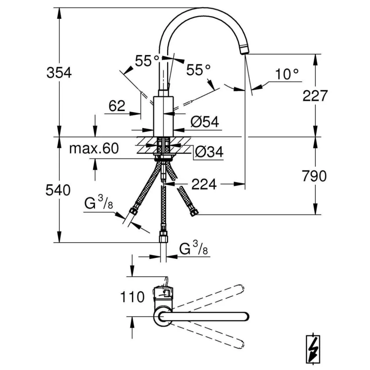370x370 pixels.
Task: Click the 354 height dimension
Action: [59, 73]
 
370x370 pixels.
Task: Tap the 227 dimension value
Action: [315, 95]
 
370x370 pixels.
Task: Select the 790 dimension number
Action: [314, 176]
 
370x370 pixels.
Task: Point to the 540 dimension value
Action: [58, 190]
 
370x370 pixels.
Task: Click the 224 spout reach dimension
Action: [204, 184]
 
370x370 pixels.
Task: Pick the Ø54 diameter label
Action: [204, 122]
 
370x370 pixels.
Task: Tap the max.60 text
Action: [94, 148]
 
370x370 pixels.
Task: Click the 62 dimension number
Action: [117, 106]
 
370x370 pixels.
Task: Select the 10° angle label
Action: [287, 75]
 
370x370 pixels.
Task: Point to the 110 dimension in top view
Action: [132, 297]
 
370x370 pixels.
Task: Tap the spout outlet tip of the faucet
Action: [244, 51]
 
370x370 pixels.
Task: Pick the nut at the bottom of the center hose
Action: [163, 237]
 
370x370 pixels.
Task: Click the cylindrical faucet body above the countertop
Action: [163, 116]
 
